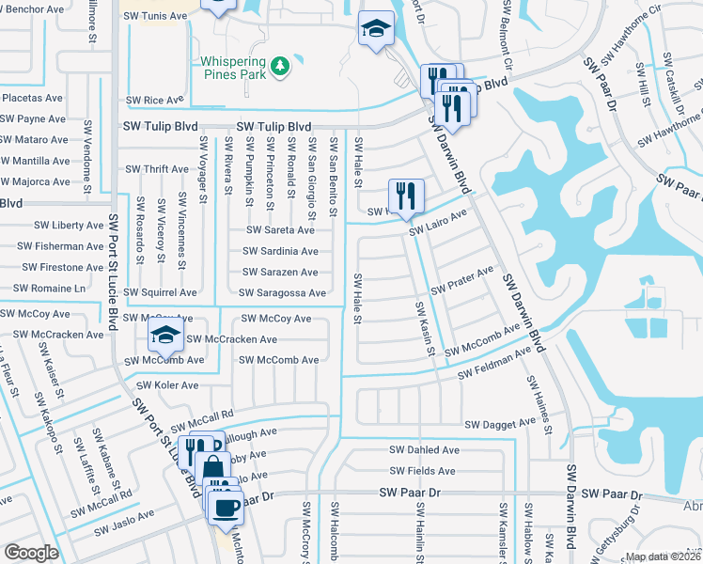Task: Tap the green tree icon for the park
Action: tap(279, 66)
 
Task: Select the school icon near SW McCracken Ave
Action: tap(165, 335)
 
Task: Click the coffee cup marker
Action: tap(225, 509)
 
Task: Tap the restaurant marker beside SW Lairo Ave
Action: tap(406, 195)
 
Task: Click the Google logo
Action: tap(31, 552)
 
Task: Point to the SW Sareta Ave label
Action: tap(280, 229)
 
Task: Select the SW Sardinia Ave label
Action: tap(280, 251)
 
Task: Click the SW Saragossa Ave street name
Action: tap(284, 293)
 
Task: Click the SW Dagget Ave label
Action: tap(500, 425)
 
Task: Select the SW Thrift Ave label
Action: tap(157, 169)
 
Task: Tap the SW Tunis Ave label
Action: tap(156, 17)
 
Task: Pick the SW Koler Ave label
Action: tap(167, 385)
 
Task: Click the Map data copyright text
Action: tap(662, 556)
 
